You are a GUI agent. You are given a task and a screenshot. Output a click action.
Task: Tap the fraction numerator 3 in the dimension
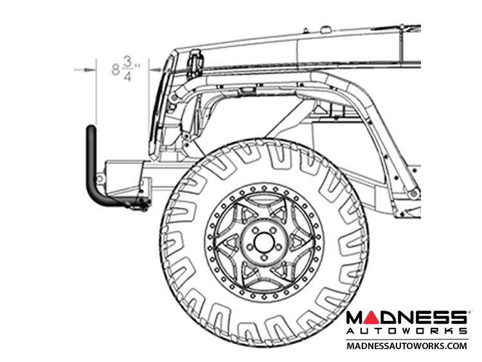(x=127, y=62)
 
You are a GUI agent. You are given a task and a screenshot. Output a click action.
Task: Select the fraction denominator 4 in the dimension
(x=127, y=76)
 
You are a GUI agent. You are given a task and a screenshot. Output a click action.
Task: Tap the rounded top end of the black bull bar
(x=92, y=131)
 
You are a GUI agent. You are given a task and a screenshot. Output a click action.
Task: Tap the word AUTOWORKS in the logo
(x=406, y=330)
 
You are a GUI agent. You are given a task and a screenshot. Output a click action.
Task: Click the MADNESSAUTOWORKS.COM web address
(x=406, y=345)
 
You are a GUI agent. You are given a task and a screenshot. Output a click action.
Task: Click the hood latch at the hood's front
(x=193, y=62)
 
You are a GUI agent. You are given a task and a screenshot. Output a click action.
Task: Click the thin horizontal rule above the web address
(x=406, y=338)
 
